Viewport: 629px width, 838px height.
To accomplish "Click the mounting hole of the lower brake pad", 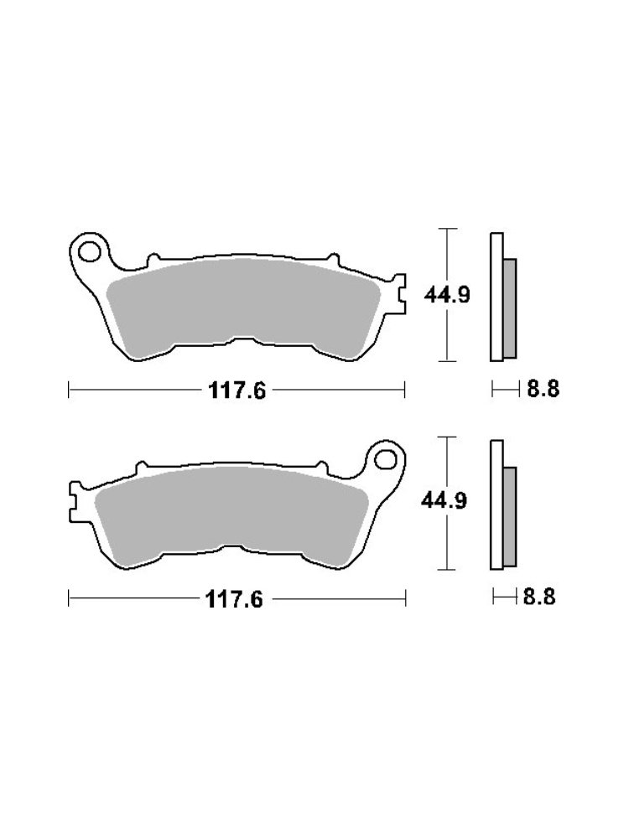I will tap(386, 458).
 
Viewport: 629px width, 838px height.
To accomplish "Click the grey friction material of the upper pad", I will tap(243, 302).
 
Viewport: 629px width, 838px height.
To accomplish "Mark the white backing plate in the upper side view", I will tap(496, 295).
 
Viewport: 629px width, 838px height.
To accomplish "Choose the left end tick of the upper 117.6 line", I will tap(69, 390).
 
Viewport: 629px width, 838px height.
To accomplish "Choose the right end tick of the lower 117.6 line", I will tap(406, 599).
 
